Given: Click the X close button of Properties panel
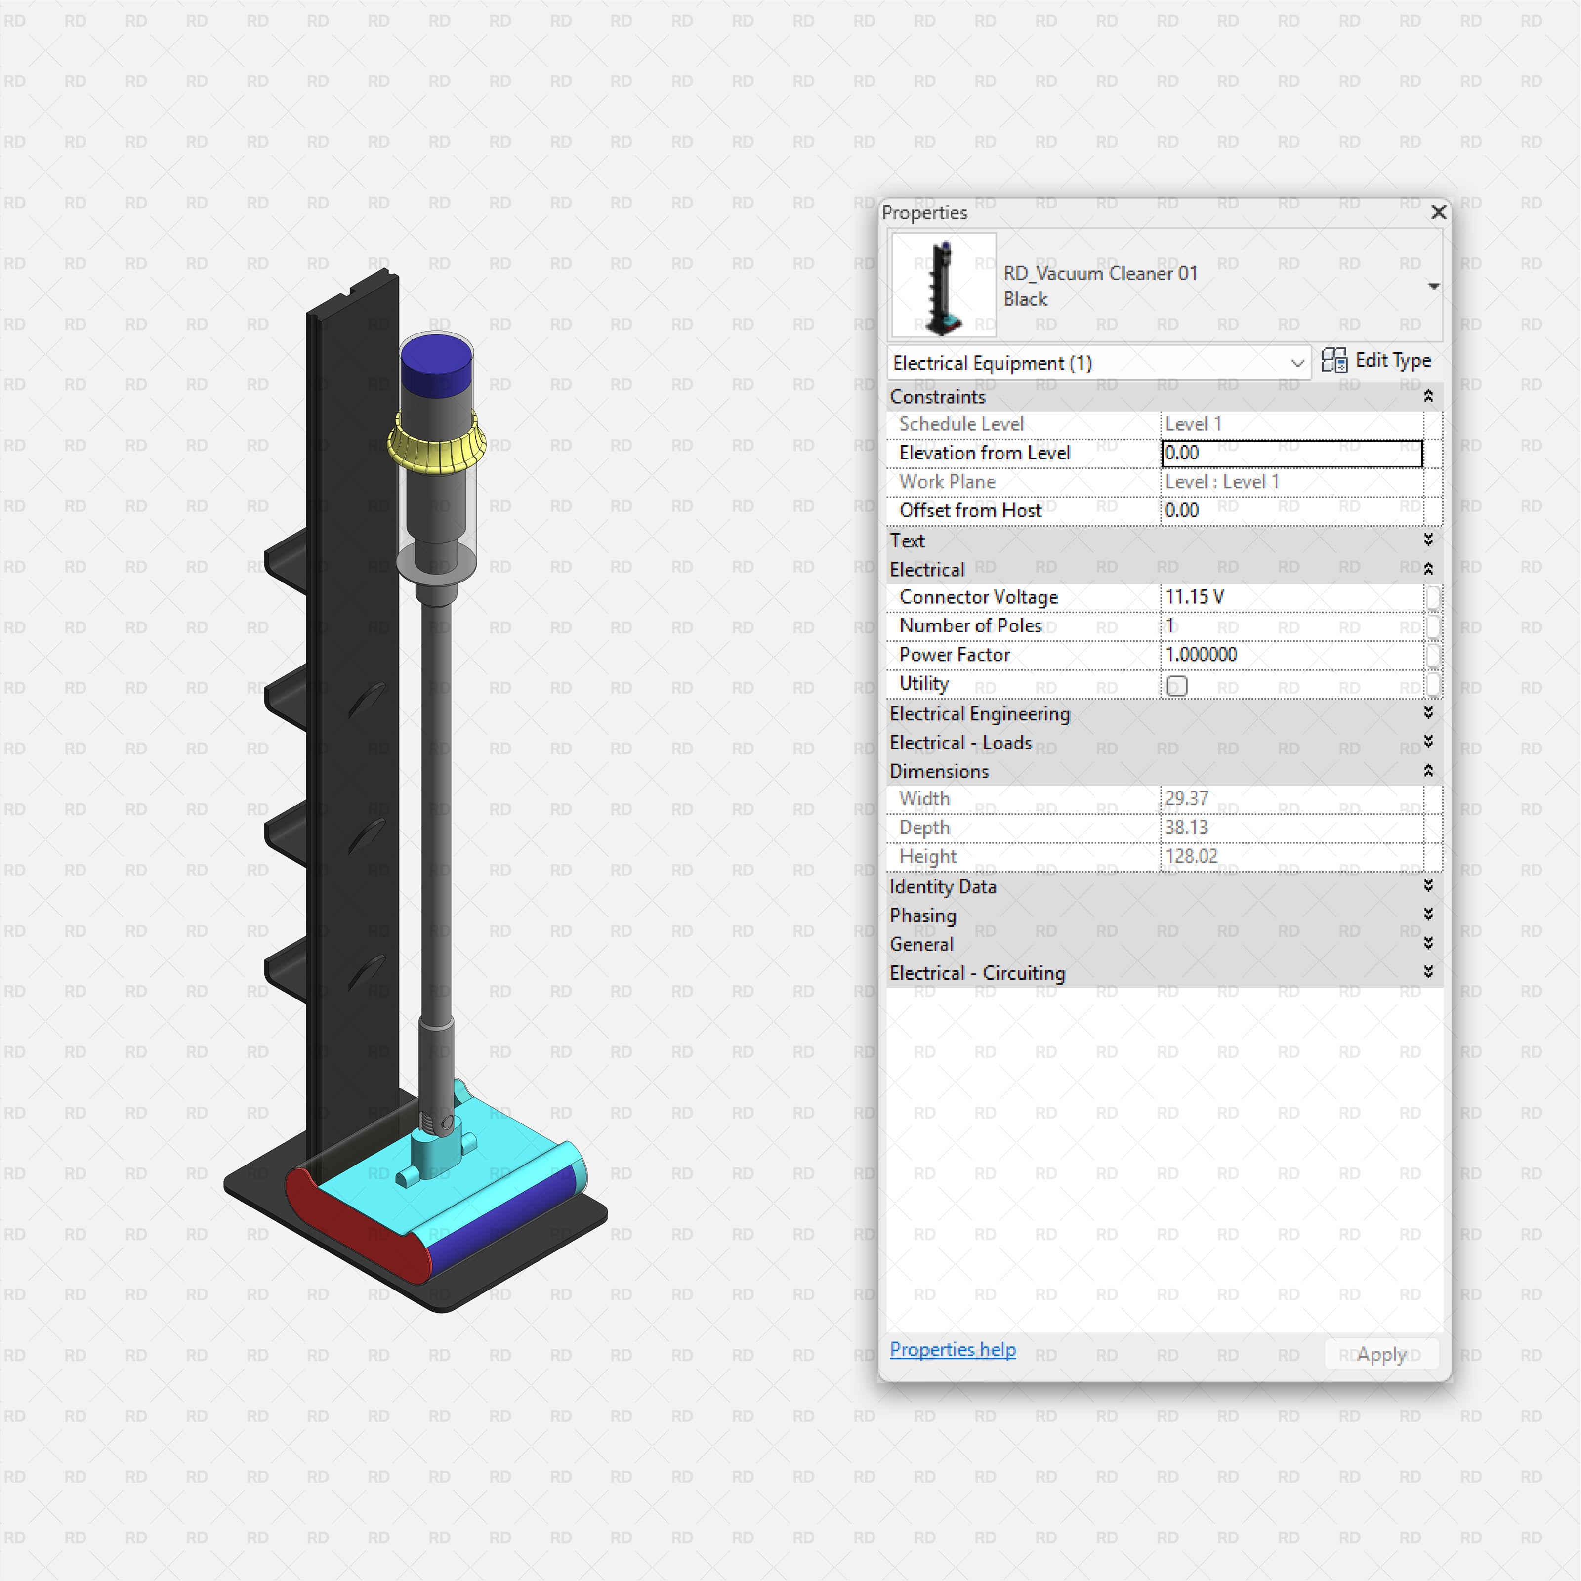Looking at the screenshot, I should click(x=1438, y=213).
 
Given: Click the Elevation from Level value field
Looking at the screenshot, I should click(x=1291, y=454).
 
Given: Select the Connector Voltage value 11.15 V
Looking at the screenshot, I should click(x=1195, y=597).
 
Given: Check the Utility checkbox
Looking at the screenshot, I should click(x=1177, y=686).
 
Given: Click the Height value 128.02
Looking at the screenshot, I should click(x=1192, y=857).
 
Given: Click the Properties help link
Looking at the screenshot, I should click(x=953, y=1349).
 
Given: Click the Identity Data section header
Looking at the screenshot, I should click(x=943, y=887).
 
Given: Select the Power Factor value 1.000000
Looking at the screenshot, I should click(x=1201, y=655).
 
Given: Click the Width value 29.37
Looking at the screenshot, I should click(x=1187, y=799).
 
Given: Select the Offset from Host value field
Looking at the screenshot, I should click(x=1291, y=511).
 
